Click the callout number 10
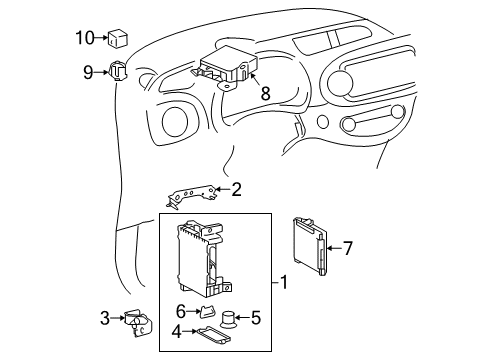pos(84,38)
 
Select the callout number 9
pos(88,71)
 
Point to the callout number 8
pos(265,92)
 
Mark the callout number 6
pos(182,311)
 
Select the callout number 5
pos(255,319)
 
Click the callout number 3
pos(104,319)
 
